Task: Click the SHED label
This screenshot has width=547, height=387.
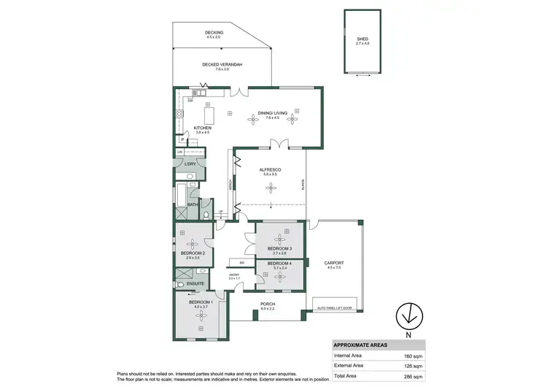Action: (362, 40)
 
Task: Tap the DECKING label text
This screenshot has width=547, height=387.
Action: (214, 32)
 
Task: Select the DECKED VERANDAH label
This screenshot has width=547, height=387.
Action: (222, 65)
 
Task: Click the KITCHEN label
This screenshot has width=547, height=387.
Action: (202, 129)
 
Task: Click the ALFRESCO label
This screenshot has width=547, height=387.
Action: (271, 170)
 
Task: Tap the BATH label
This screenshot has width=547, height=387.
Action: (193, 204)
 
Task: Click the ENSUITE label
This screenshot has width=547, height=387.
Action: (195, 283)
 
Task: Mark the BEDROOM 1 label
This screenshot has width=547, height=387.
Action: (201, 302)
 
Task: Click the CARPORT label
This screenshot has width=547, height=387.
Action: (334, 262)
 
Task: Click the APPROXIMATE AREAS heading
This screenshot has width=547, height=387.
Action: (360, 345)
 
